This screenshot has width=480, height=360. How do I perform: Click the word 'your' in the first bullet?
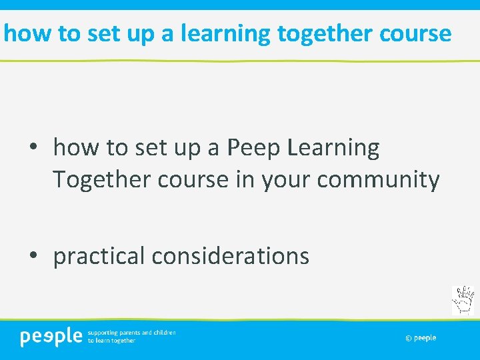[x=281, y=180]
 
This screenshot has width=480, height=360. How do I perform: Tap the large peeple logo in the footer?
[x=51, y=337]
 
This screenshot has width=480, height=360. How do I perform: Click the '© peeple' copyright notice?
[x=421, y=338]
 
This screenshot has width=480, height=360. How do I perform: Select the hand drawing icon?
[x=463, y=300]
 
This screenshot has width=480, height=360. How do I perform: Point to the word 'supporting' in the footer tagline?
[x=103, y=332]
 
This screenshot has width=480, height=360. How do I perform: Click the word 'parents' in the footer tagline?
[x=130, y=332]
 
